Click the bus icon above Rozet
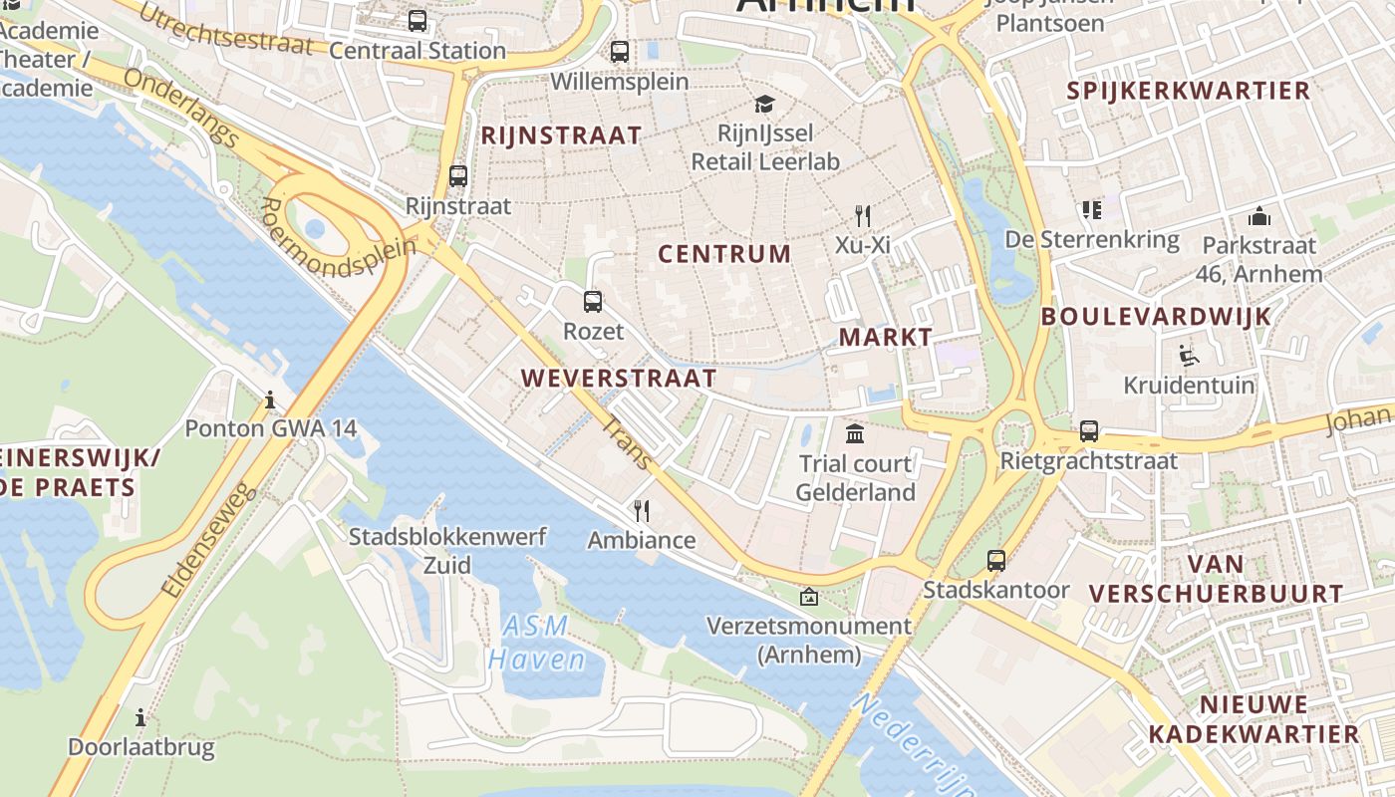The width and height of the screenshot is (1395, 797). pos(593,301)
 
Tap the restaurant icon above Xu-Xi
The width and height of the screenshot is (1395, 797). pos(863,215)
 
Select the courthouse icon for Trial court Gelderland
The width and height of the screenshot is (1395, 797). pos(855,433)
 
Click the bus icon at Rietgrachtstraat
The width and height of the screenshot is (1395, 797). pos(1089,431)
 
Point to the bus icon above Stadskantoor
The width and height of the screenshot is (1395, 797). pos(996,560)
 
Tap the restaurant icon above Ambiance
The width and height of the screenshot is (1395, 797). pos(642,511)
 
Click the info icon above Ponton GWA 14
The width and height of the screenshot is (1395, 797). pos(270,399)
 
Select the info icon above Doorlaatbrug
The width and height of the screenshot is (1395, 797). pos(140,716)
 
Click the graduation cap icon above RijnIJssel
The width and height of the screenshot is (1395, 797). pos(764,104)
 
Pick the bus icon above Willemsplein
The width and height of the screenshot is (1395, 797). pos(620,51)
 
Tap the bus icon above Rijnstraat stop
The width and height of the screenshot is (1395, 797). pos(458,176)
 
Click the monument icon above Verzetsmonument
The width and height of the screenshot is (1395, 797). pos(809,597)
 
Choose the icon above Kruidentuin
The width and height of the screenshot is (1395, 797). pos(1188,355)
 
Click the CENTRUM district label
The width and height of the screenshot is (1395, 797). pos(724,254)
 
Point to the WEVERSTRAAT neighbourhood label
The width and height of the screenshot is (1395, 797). pos(618,379)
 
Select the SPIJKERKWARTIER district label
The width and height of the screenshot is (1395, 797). pos(1188,91)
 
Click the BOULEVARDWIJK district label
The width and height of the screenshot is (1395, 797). pos(1156,317)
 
